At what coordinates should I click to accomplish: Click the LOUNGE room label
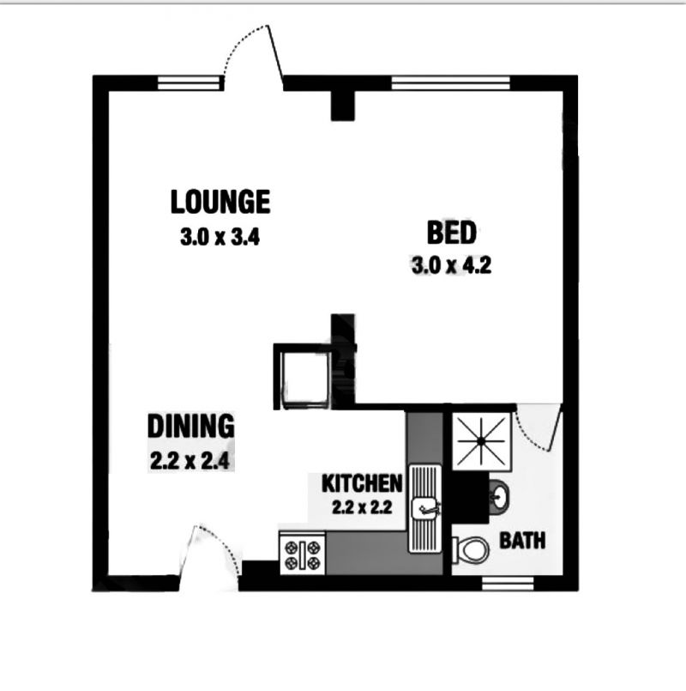click(x=220, y=202)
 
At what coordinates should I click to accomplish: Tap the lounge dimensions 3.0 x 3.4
click(x=220, y=237)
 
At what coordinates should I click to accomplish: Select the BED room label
click(x=452, y=233)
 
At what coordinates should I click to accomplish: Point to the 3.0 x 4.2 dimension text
click(x=451, y=265)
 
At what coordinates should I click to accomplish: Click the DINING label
click(x=190, y=426)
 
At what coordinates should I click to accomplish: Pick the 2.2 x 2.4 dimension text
click(x=190, y=461)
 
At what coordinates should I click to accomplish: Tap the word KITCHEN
click(x=362, y=483)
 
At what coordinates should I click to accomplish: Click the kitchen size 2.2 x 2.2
click(x=362, y=507)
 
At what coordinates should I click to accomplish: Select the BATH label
click(x=522, y=540)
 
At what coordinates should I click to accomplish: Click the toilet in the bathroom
click(x=471, y=549)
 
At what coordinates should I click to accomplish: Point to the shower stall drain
click(x=481, y=440)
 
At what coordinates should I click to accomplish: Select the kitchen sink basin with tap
click(x=424, y=508)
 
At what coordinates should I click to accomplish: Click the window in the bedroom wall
click(x=450, y=83)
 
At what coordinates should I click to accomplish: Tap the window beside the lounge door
click(x=189, y=83)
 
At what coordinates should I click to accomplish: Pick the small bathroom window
click(x=508, y=583)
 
